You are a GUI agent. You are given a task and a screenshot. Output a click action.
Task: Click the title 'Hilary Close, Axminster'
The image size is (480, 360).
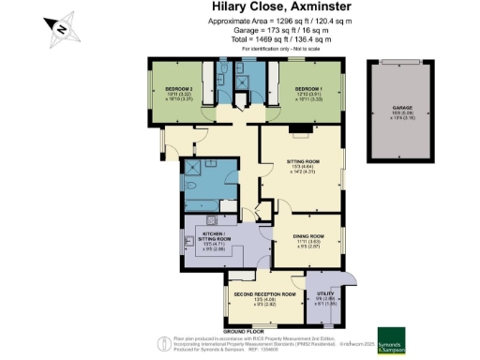[x=262, y=9]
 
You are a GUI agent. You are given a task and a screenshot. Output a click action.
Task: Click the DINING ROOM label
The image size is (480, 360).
[x=307, y=238]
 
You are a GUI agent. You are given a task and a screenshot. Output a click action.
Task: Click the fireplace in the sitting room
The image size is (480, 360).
[x=294, y=129]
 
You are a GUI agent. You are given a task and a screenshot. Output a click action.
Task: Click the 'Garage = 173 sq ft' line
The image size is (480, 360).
[x=262, y=31]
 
